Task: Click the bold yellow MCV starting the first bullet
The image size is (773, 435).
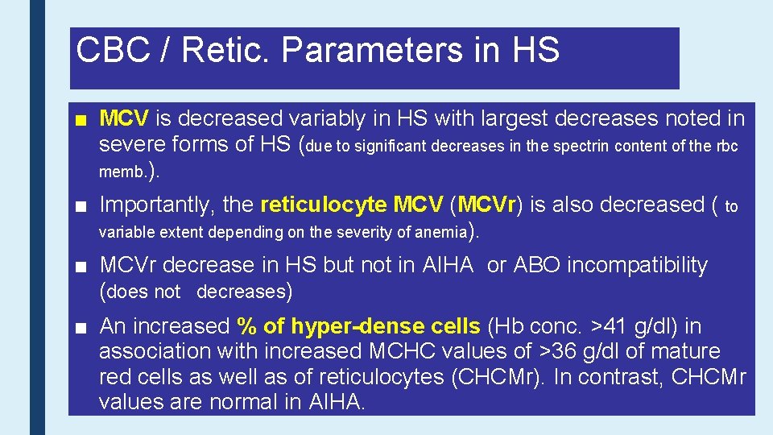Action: [x=123, y=119]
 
